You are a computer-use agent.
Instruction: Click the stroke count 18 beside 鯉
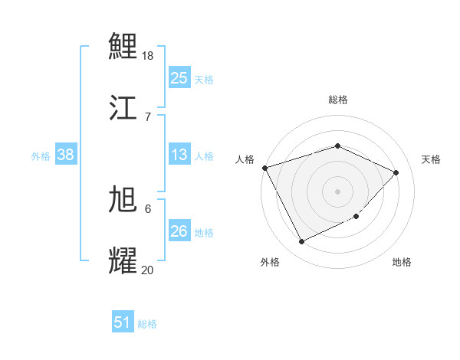click(149, 56)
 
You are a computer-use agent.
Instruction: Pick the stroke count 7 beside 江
click(147, 116)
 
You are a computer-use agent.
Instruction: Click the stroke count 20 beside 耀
click(148, 269)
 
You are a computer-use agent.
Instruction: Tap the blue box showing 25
click(179, 78)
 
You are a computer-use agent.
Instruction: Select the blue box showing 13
click(179, 155)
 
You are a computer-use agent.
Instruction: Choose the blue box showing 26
click(179, 231)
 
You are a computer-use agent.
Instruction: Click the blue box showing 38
click(65, 155)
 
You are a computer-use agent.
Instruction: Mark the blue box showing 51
click(123, 322)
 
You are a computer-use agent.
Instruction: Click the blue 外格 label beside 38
click(41, 156)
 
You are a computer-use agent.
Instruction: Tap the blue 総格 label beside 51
click(147, 324)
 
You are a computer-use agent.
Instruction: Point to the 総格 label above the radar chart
click(337, 100)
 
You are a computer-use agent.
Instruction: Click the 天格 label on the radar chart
click(431, 159)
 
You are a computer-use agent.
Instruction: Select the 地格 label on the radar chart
click(402, 263)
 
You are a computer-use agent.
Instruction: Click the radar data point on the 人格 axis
click(264, 168)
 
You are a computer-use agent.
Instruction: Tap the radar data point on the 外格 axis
click(301, 242)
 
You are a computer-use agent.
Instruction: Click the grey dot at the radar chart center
click(337, 191)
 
